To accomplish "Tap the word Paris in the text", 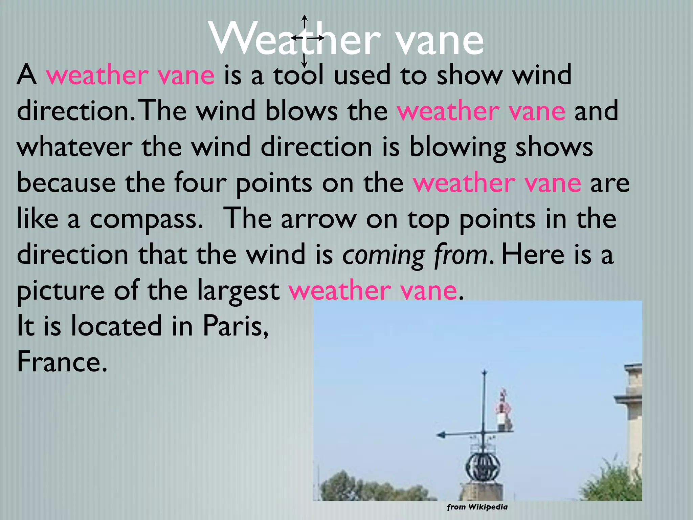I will point(236,326).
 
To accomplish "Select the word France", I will point(62,362).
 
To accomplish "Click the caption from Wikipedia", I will point(477,507).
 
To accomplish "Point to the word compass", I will point(146,219).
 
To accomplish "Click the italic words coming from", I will point(415,255).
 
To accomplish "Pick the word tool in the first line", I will point(298,75).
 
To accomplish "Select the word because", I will point(66,183).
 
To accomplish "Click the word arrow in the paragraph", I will point(319,219).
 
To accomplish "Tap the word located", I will point(116,326).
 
